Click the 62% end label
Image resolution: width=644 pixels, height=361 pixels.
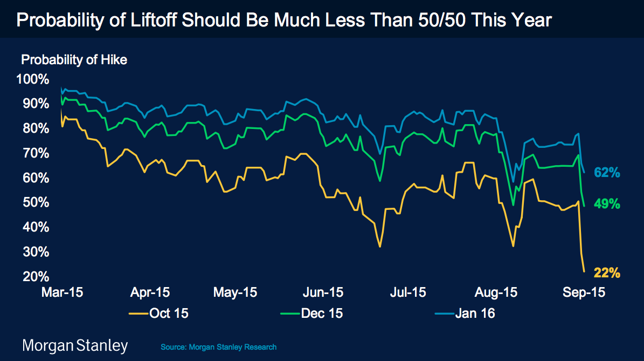(x=607, y=173)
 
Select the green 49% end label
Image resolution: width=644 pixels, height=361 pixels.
(x=607, y=204)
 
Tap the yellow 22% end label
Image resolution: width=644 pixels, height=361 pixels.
(x=607, y=273)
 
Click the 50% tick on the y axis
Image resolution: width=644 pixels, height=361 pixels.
(x=35, y=203)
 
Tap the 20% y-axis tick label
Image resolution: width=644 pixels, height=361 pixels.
(x=35, y=277)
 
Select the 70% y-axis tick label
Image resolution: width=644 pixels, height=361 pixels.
(x=35, y=153)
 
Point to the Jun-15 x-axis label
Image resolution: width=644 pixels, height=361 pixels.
(x=322, y=292)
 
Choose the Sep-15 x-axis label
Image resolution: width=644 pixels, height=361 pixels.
(x=584, y=292)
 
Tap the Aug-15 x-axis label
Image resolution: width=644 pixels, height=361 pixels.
(x=496, y=292)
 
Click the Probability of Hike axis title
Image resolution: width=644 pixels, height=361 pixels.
(x=74, y=60)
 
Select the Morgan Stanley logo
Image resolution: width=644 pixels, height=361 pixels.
(x=75, y=345)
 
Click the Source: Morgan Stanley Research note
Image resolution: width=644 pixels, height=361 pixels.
(x=218, y=347)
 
